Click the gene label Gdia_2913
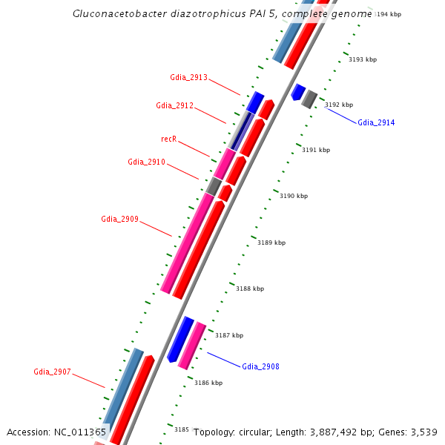188,77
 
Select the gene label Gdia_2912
174,105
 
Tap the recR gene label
168,139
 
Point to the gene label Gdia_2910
146,162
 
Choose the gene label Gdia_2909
119,219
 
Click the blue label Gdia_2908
260,366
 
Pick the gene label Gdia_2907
52,372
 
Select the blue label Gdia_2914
376,122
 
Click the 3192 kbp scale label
339,105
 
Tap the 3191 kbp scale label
316,150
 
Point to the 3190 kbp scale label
293,196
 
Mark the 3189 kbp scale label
271,243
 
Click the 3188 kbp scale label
249,289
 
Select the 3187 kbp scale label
229,335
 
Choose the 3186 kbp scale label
208,383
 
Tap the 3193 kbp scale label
363,59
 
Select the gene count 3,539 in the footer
424,432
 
